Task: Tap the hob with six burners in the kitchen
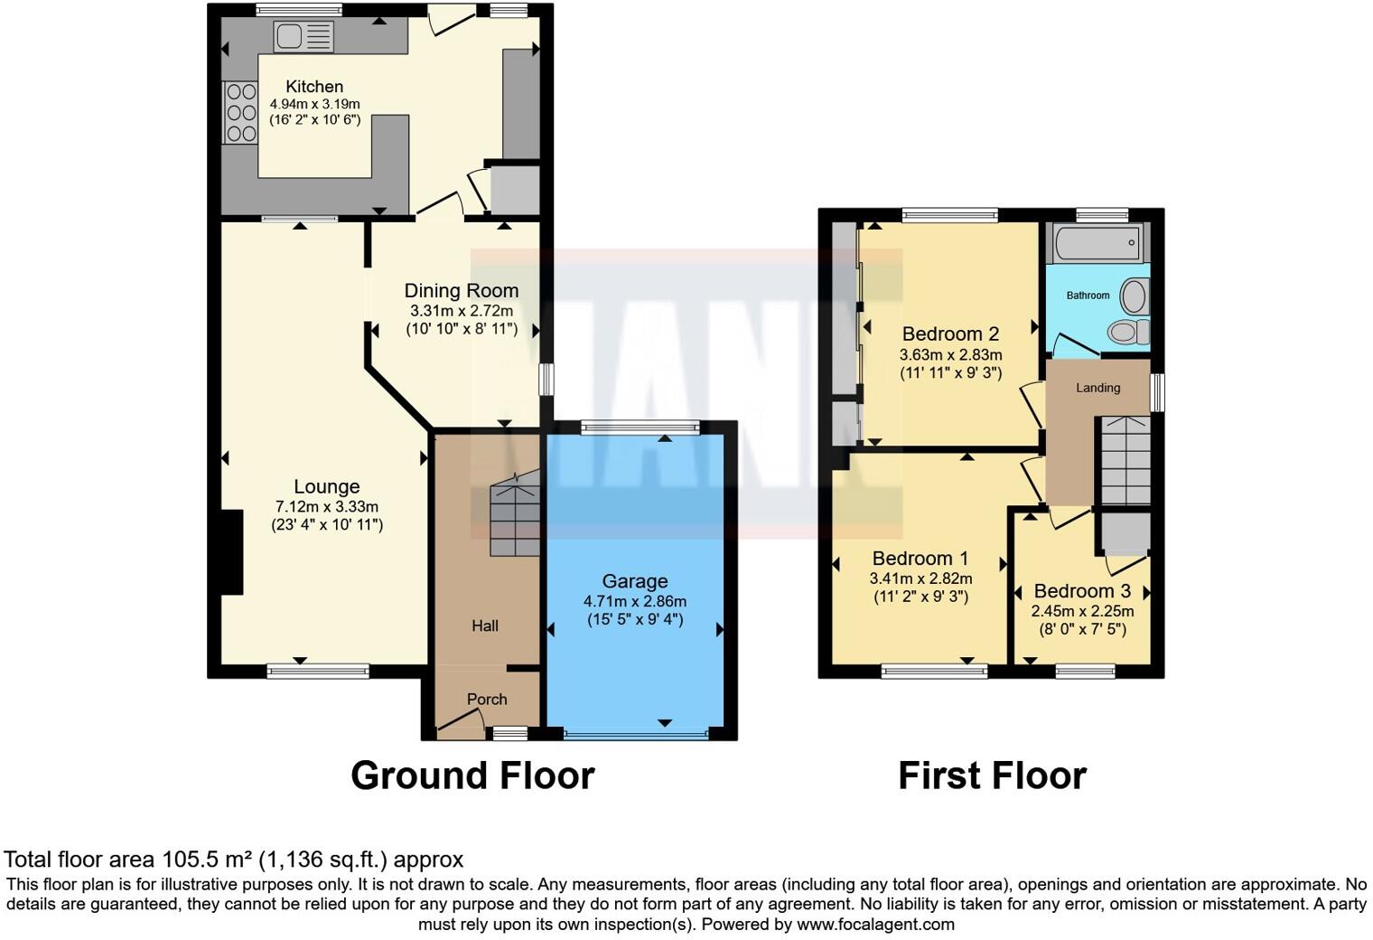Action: click(241, 112)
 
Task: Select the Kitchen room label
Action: click(314, 87)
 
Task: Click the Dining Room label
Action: click(461, 290)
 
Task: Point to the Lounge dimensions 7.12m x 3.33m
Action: click(327, 507)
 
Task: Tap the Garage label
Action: click(635, 581)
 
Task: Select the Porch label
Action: click(487, 699)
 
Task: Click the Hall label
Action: click(485, 625)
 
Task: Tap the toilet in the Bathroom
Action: click(1128, 333)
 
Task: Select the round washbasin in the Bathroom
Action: click(1133, 296)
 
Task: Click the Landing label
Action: click(1097, 388)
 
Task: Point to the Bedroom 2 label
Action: click(950, 334)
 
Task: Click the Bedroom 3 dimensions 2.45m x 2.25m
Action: click(1082, 611)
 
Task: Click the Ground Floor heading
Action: click(472, 775)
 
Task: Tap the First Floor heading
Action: click(992, 775)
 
